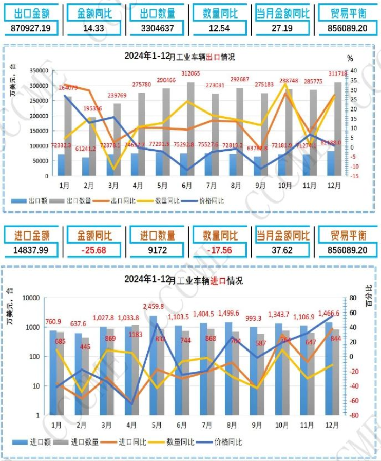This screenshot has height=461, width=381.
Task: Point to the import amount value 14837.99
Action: (x=31, y=250)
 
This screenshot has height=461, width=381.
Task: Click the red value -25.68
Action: (x=93, y=250)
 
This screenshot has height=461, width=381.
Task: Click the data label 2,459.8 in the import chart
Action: (x=154, y=307)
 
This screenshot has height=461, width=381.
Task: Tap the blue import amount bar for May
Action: (x=154, y=365)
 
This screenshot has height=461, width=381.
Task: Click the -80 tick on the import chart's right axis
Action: (x=353, y=415)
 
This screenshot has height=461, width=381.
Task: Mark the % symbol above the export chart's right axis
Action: (x=350, y=58)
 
